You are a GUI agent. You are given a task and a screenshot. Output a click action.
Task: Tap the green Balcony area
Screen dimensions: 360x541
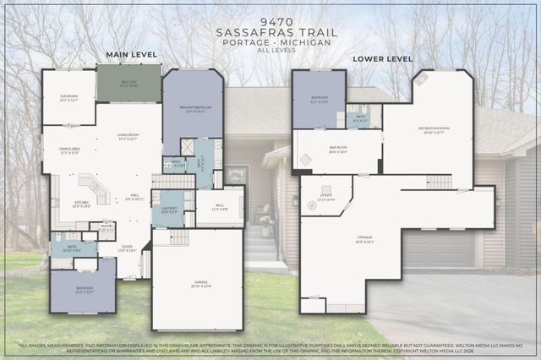click(128, 84)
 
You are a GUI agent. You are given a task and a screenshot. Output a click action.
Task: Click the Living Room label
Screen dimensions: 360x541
click(128, 138)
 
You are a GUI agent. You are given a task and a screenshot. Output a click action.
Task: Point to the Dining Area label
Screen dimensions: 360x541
click(69, 150)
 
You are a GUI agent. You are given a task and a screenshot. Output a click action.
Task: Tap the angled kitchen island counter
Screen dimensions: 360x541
click(92, 188)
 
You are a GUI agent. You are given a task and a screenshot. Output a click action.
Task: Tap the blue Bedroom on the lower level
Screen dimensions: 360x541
click(319, 99)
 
